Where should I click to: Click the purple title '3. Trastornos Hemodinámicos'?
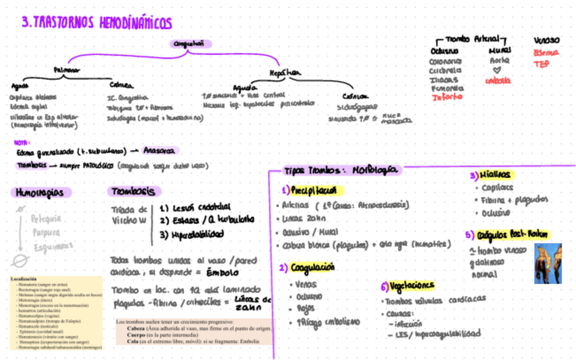[96, 23]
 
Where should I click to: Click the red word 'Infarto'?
[447, 97]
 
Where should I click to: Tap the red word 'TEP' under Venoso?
[541, 64]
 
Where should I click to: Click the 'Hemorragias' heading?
[41, 192]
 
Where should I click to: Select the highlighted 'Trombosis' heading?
[134, 192]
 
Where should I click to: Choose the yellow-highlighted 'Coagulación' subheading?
[311, 268]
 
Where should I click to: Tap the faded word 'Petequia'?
[46, 219]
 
